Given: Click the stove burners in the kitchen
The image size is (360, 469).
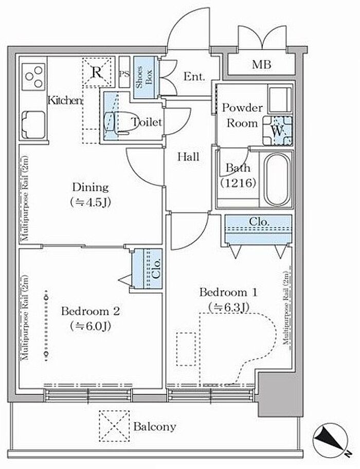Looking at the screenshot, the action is [x=34, y=77].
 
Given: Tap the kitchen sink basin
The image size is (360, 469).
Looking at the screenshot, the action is [x=33, y=125].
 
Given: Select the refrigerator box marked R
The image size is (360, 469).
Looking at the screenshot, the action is [x=97, y=72].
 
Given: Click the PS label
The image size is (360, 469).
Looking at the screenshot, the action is [x=124, y=74].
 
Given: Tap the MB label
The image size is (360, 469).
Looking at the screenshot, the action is [x=261, y=64].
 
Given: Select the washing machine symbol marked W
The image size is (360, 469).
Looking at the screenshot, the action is [x=277, y=131].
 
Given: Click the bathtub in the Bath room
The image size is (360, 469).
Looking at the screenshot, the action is [x=278, y=179].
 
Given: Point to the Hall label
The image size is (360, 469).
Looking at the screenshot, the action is [x=188, y=157].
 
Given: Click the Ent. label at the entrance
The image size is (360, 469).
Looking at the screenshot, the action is [x=194, y=77].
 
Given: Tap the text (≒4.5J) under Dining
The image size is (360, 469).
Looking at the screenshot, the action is [x=91, y=203].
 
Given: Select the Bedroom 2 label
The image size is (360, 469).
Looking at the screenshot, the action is [x=91, y=311].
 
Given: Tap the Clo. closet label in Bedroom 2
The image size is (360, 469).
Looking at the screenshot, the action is [x=157, y=268].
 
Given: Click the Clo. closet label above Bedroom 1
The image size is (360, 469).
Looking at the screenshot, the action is [x=259, y=222].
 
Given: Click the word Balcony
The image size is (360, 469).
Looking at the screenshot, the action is [x=155, y=426].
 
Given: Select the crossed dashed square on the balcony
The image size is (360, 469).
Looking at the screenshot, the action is [x=115, y=426].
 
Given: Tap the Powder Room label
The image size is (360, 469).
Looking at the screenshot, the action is [x=242, y=115].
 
